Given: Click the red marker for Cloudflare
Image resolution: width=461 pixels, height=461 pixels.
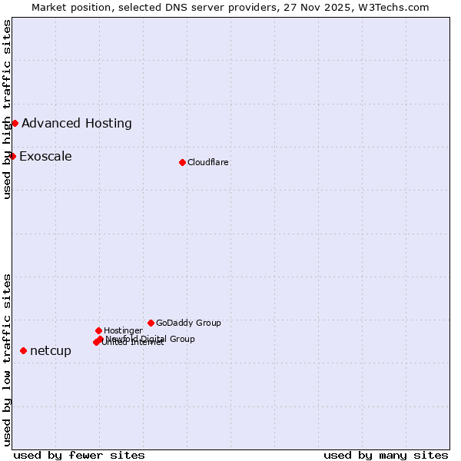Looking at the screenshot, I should click(x=182, y=162).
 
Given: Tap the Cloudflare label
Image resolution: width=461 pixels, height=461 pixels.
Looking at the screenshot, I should click(x=208, y=162).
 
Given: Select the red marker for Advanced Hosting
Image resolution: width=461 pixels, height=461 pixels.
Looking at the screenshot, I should click(x=15, y=123).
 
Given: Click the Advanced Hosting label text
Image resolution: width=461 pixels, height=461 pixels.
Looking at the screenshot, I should click(x=77, y=123).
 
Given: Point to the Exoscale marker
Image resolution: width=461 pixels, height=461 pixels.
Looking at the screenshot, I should click(x=12, y=156).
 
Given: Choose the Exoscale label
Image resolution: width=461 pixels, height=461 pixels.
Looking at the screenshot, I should click(x=45, y=157).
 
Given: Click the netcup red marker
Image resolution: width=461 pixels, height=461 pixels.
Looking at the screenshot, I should click(x=23, y=350).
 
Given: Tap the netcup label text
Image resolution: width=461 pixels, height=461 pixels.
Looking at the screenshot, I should click(x=51, y=351).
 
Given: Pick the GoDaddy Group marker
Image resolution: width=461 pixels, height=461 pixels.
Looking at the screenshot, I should click(x=151, y=323).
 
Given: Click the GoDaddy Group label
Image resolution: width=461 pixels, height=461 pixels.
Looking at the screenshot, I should click(x=188, y=323).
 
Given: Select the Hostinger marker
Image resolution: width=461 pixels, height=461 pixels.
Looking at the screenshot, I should click(x=98, y=330).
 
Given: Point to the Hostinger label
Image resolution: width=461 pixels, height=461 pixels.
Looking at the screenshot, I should click(x=123, y=331).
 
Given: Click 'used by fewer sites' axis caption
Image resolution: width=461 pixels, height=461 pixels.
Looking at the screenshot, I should click(x=79, y=455).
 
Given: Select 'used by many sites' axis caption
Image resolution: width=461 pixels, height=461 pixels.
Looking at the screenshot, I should click(x=386, y=455).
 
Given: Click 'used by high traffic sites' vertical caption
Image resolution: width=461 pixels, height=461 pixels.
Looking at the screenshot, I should click(x=7, y=109).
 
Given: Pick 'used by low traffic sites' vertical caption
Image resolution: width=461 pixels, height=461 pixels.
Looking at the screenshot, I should click(x=7, y=359).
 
